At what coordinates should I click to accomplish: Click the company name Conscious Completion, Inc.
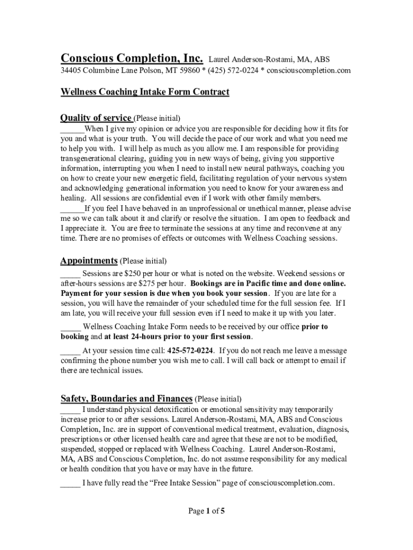[x=132, y=58]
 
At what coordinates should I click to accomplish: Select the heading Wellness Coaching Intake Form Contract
[x=145, y=92]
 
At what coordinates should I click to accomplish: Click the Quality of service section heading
[x=96, y=118]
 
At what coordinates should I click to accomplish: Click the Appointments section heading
[x=89, y=260]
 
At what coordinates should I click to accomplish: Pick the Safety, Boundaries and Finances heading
[x=127, y=399]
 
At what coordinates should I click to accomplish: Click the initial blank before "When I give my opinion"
[x=72, y=129]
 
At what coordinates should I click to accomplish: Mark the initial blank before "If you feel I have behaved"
[x=72, y=209]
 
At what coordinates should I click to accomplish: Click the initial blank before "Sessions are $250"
[x=70, y=274]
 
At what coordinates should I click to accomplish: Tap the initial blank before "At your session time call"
[x=70, y=351]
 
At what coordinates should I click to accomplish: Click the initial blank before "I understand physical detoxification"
[x=70, y=410]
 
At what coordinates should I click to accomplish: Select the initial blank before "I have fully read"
[x=70, y=483]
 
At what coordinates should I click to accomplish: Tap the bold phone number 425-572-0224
[x=193, y=351]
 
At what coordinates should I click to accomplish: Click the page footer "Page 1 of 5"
[x=206, y=511]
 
